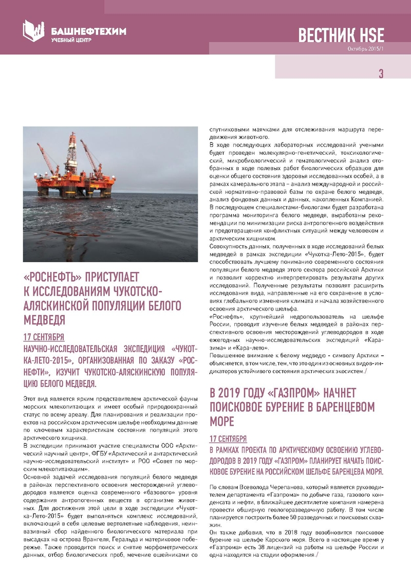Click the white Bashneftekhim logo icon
click(34, 31)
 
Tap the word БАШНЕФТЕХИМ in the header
click(89, 31)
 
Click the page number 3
click(381, 74)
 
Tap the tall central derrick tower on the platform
click(73, 154)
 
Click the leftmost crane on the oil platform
click(48, 160)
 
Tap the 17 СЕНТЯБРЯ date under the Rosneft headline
click(44, 337)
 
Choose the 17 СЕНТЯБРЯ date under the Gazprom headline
click(228, 439)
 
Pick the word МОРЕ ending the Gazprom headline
click(222, 422)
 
